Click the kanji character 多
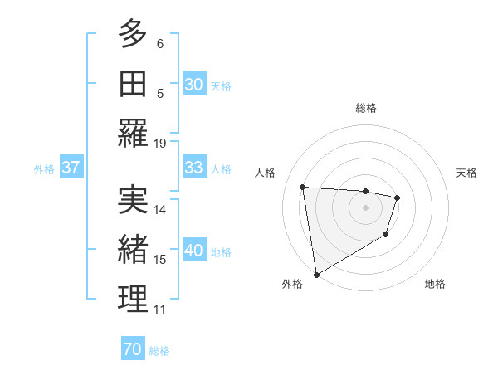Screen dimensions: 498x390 click(133, 35)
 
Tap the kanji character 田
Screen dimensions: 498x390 click(133, 84)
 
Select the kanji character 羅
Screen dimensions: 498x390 click(133, 134)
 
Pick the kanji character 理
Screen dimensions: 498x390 click(133, 299)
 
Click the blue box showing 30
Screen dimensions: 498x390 click(193, 85)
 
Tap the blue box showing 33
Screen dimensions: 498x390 click(193, 168)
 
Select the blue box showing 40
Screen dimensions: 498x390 click(193, 251)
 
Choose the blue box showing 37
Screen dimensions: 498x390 click(71, 168)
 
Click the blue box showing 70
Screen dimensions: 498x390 click(132, 349)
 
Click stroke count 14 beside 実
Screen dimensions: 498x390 click(160, 209)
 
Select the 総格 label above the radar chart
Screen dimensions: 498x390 click(366, 108)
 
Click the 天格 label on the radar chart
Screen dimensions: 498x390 click(467, 173)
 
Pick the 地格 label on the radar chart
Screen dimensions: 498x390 click(435, 284)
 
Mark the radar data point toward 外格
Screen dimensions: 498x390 click(316, 275)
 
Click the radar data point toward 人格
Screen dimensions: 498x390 click(303, 187)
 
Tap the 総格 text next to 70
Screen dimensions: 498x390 click(159, 351)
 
